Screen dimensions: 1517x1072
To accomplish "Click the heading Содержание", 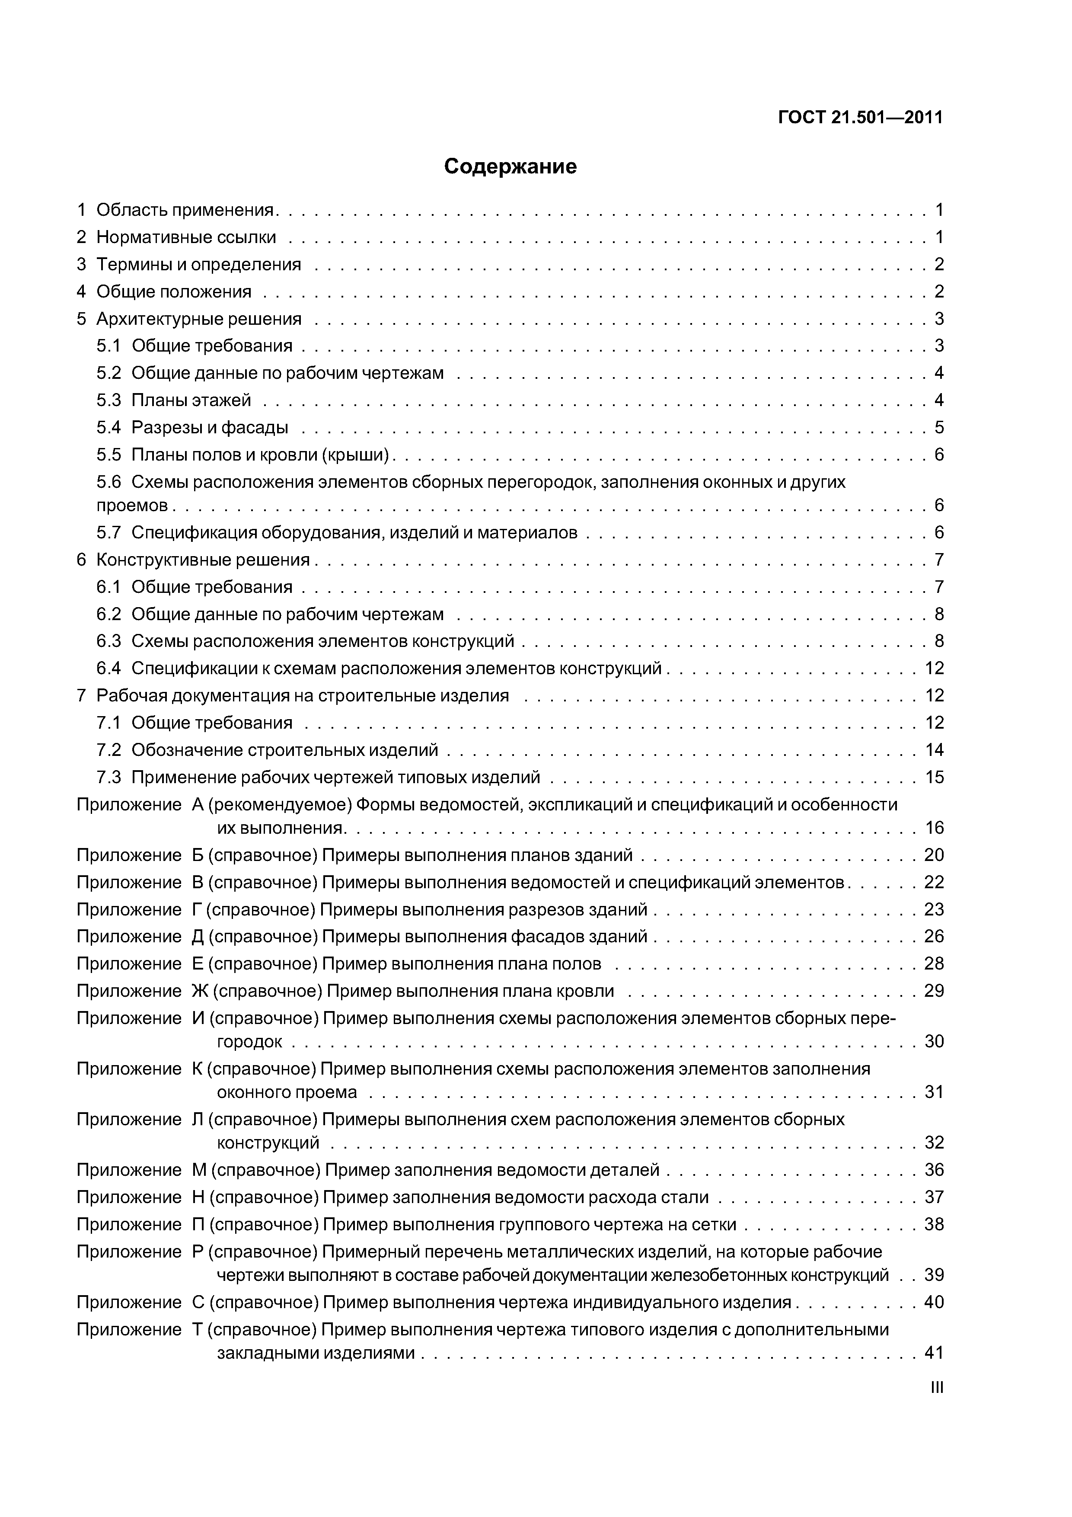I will (510, 166).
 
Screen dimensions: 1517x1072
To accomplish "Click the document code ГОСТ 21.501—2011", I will (860, 118).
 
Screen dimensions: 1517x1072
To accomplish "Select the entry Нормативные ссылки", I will (186, 237).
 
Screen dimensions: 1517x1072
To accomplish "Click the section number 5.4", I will (109, 428).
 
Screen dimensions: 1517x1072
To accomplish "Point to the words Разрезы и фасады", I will (210, 428).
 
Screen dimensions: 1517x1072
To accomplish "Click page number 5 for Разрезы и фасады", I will (938, 428).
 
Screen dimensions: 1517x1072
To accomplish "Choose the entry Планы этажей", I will (191, 400).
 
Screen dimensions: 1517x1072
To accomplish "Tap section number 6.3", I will (109, 641).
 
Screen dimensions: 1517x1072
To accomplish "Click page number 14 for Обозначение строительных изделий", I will (934, 750).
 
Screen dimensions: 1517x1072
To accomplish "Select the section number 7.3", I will (109, 777).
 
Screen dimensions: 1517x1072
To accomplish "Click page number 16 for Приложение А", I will (934, 828).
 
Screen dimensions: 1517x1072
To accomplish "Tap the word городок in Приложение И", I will (250, 1042).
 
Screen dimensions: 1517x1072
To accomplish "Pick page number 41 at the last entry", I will (934, 1353).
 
